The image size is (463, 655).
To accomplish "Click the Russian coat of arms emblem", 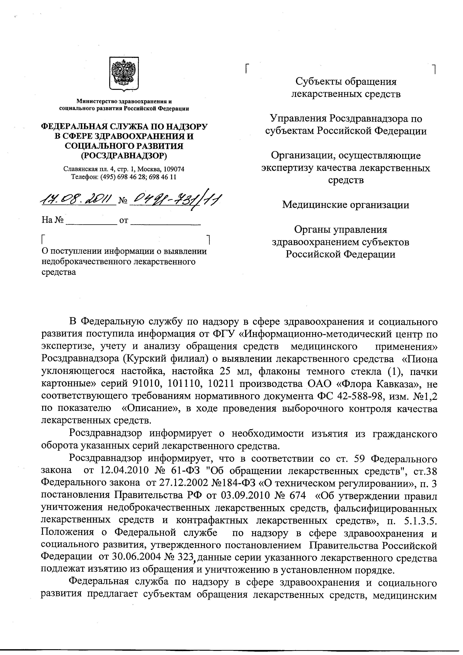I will point(124,74).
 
